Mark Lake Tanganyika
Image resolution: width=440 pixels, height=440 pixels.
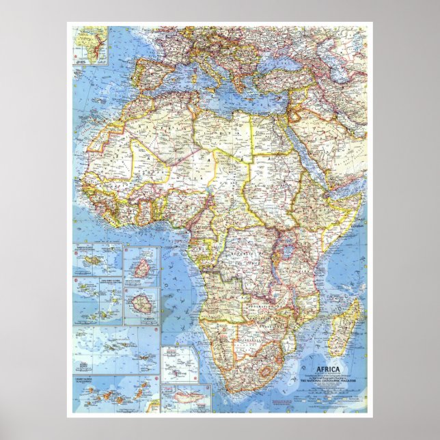click(269, 270)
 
